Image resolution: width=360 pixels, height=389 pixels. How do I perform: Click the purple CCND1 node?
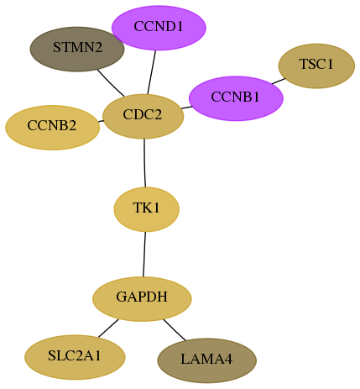[x=159, y=28]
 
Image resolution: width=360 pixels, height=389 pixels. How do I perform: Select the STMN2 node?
[x=77, y=49]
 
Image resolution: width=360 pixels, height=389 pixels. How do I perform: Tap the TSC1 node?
[x=316, y=66]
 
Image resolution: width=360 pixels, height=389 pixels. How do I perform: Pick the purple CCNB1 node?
[x=236, y=98]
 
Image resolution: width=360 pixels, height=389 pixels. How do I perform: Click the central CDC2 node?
[x=143, y=116]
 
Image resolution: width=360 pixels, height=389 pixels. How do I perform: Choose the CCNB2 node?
[x=52, y=128]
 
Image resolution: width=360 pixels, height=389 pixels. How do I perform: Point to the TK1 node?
[x=146, y=209]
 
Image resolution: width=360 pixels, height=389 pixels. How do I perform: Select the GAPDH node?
[x=142, y=299]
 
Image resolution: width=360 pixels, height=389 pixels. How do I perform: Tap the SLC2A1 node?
[x=75, y=357]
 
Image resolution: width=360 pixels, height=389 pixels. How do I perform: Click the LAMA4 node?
[x=207, y=360]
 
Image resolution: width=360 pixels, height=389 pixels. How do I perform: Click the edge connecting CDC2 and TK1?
[x=144, y=163]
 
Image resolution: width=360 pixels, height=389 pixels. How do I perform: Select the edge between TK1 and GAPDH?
[x=144, y=255]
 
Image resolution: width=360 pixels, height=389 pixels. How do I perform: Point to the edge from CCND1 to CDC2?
[x=151, y=72]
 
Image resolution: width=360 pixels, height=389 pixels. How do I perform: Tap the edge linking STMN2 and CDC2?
[x=111, y=82]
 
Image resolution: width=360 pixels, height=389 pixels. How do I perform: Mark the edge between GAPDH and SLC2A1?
[x=108, y=328]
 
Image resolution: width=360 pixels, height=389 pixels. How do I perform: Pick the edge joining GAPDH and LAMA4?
[x=175, y=330]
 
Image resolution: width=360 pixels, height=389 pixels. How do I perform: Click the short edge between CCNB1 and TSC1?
[x=279, y=81]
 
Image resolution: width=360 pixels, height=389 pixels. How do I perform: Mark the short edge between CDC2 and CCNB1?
[x=186, y=108]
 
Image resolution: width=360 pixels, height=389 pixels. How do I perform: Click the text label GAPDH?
[x=142, y=297]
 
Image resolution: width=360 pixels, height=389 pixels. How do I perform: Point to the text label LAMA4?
[x=206, y=359]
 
